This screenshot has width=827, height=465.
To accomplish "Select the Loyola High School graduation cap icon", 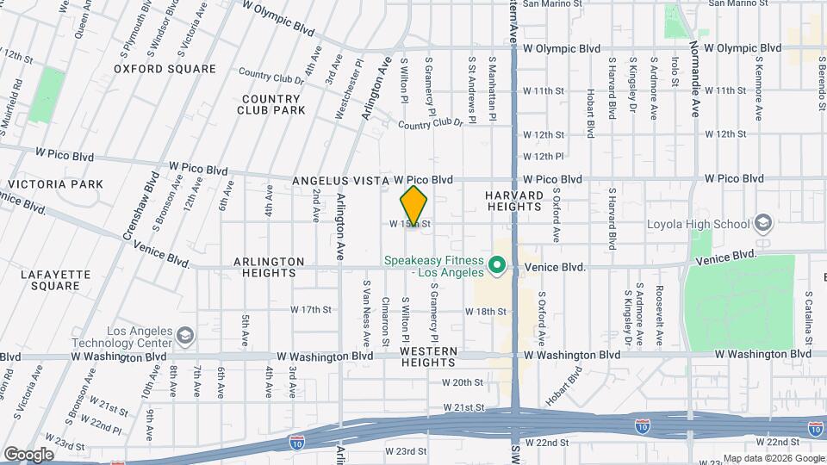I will click(x=762, y=224).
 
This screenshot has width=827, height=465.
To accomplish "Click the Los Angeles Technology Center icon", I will click(x=184, y=334).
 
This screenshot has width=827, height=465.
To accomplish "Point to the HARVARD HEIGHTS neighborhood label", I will click(x=514, y=201).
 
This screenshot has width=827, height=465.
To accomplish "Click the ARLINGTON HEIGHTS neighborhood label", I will click(x=269, y=266).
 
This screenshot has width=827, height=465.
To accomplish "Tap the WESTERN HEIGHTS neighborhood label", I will click(x=428, y=356).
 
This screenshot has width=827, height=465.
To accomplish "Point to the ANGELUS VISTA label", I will click(x=341, y=181).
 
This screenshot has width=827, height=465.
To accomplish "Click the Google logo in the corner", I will click(x=28, y=454).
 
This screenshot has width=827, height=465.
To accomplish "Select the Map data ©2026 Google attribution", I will click(x=773, y=458).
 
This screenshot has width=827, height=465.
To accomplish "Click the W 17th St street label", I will click(x=311, y=309).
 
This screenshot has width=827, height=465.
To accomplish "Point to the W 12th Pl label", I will click(x=543, y=157).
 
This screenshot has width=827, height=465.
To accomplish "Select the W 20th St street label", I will click(x=463, y=381).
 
